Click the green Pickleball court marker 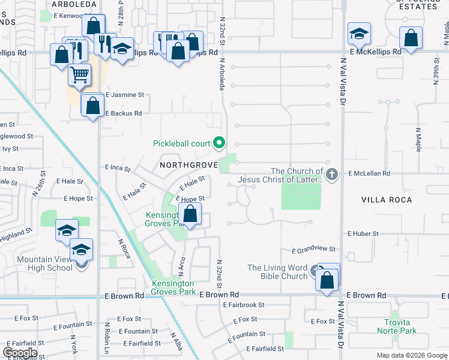coord(219,143)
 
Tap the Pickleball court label coord(181,143)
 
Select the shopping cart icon coord(79,75)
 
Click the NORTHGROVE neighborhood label coord(184,164)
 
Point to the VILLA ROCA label coord(387,199)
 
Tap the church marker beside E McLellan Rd coord(333,174)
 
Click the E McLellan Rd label coord(369,173)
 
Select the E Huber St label coord(363,233)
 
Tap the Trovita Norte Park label coord(397,326)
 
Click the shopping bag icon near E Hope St coord(190,214)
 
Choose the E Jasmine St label coord(125,95)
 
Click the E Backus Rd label coord(123,113)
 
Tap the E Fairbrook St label coord(243,305)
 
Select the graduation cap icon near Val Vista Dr coord(359,34)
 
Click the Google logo coord(20,352)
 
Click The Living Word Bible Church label coord(277,272)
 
